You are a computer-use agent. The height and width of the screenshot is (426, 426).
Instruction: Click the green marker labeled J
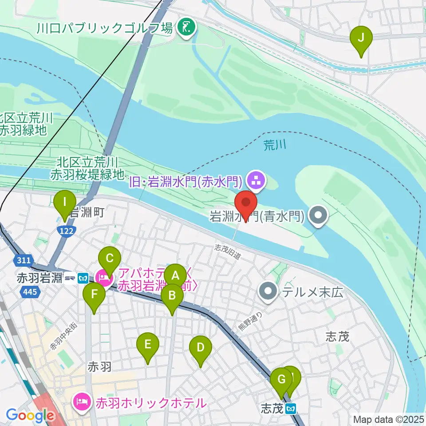361,38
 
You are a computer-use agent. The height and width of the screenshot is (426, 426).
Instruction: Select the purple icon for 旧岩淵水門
256,180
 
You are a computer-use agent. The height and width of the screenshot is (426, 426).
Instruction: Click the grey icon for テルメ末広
269,292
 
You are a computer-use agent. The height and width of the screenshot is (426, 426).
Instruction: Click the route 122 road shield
68,230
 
